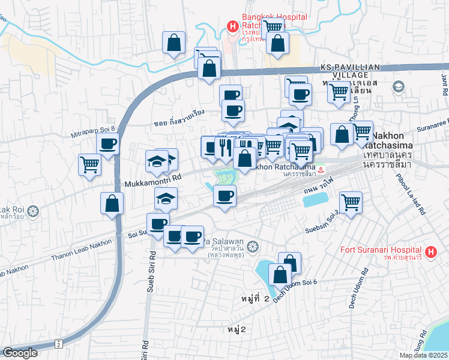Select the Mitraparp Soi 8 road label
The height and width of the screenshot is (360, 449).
tap(92, 128)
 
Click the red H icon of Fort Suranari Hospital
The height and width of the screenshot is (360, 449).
tap(430, 252)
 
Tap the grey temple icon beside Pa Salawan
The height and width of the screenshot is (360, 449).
tap(253, 245)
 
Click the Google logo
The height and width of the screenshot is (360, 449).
tap(20, 353)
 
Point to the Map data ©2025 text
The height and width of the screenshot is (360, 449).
tap(423, 355)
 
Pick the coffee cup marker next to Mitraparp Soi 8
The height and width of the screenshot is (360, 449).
tap(107, 144)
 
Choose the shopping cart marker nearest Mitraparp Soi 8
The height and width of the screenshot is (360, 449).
tap(89, 163)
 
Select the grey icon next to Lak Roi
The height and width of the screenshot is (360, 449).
tap(32, 211)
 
